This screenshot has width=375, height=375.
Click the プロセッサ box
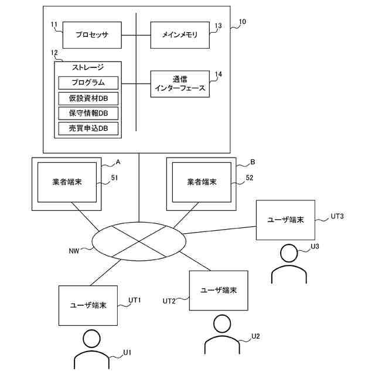pyautogui.click(x=92, y=35)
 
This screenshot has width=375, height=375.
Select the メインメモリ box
pyautogui.click(x=180, y=35)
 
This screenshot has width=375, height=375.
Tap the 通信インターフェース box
pyautogui.click(x=180, y=84)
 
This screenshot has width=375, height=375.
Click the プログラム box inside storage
pyautogui.click(x=88, y=83)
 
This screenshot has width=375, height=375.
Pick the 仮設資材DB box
pyautogui.click(x=88, y=98)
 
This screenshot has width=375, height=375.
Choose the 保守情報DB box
pyautogui.click(x=88, y=113)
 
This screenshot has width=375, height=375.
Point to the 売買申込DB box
pyautogui.click(x=88, y=128)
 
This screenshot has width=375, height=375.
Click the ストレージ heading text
pyautogui.click(x=88, y=67)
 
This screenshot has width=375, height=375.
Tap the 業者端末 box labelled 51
pyautogui.click(x=67, y=182)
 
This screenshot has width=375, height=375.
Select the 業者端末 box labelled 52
pyautogui.click(x=202, y=182)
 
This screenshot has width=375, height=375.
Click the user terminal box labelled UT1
pyautogui.click(x=88, y=305)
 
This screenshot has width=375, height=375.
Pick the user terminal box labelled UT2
pyautogui.click(x=219, y=291)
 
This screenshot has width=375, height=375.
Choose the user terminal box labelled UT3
pyautogui.click(x=285, y=220)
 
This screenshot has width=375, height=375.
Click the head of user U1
pyautogui.click(x=91, y=339)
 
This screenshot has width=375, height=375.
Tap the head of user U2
pyautogui.click(x=222, y=323)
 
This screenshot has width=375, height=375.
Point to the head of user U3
pyautogui.click(x=289, y=253)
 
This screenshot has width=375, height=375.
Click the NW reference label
pyautogui.click(x=74, y=251)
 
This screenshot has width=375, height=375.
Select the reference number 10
pyautogui.click(x=243, y=22)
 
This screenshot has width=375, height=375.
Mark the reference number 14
pyautogui.click(x=219, y=74)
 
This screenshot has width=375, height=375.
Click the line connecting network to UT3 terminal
pyautogui.click(x=219, y=230)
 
